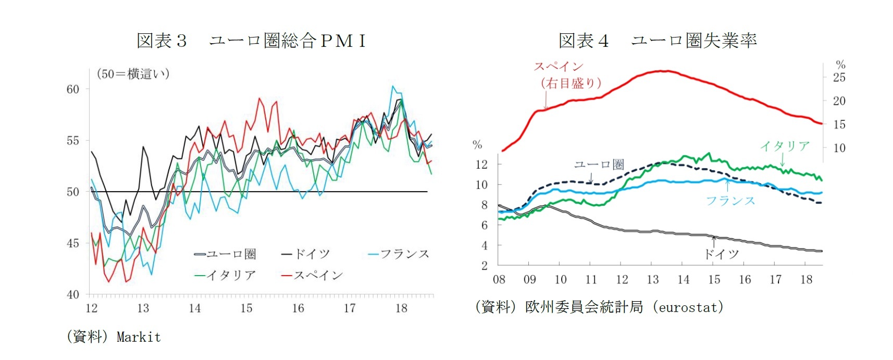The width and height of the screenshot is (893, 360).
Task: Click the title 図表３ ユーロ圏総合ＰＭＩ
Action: pos(251,41)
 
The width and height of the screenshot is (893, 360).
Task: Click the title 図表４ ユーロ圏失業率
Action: pos(658,41)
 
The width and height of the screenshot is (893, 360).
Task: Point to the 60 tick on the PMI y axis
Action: pos(73,89)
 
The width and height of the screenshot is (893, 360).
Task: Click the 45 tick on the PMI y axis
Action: pos(73,243)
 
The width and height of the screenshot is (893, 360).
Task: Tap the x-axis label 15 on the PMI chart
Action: pos(246,308)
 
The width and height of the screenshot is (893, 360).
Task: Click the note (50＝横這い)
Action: pos(133,74)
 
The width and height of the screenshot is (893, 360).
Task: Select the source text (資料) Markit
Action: pos(114,337)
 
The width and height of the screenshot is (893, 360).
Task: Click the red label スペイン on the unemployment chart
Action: pos(559,67)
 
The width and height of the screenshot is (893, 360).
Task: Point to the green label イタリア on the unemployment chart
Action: pos(785,146)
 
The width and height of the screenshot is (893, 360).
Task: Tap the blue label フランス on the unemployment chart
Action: pos(730,201)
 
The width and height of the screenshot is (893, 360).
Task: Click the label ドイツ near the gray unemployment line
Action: pos(721,254)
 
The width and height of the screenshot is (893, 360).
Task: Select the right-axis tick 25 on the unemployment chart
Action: pos(839,78)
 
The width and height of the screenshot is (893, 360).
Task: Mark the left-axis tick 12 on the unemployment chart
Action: pos(481,165)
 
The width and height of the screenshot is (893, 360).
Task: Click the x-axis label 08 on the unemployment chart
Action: pos(499,280)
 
